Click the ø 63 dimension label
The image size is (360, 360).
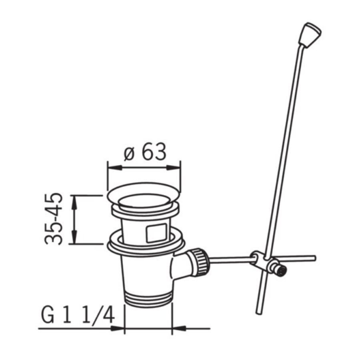[x=145, y=152]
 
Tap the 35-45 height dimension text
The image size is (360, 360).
[x=54, y=218]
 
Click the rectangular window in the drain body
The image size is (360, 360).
[x=156, y=232]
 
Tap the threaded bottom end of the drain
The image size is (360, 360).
[x=148, y=299]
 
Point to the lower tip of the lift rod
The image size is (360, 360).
[x=259, y=312]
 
